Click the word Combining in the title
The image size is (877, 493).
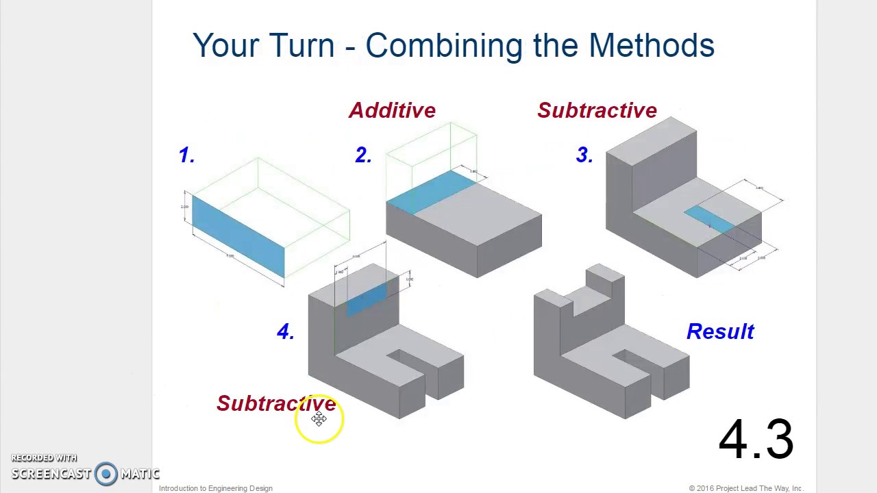tap(438, 47)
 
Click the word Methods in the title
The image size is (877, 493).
tap(651, 46)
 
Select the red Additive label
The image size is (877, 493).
tap(392, 110)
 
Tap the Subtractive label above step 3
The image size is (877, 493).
tap(597, 110)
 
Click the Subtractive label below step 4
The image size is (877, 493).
tap(276, 403)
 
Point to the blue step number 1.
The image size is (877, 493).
tap(186, 155)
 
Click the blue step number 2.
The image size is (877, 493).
tap(363, 155)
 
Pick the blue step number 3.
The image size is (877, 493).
tap(584, 155)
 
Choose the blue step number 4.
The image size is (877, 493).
tap(285, 332)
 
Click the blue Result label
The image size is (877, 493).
tap(720, 332)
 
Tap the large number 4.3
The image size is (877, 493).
tap(756, 440)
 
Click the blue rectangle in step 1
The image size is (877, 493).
tap(238, 236)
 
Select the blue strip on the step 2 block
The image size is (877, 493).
tap(430, 191)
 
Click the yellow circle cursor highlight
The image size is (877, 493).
tap(319, 420)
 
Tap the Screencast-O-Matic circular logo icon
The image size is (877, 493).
tap(106, 473)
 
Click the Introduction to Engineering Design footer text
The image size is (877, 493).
tap(216, 488)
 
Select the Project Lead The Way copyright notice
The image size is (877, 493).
tap(745, 488)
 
